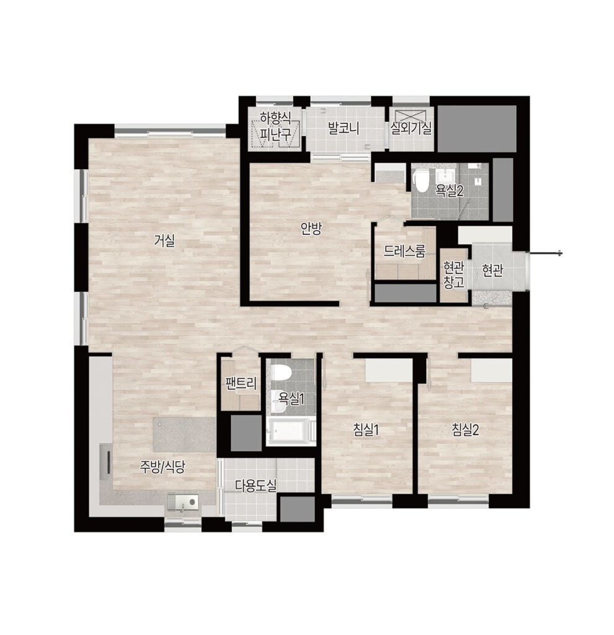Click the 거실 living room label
164,241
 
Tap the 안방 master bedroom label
311,229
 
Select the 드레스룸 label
404,252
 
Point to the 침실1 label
366,430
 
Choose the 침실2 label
465,430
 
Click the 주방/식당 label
162,467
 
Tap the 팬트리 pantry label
241,383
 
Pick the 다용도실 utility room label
256,485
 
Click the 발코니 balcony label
344,128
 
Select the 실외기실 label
411,128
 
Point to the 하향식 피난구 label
276,126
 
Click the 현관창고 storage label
453,275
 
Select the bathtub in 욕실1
291,432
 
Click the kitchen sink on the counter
182,502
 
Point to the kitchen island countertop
184,435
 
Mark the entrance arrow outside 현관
545,254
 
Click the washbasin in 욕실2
446,177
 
